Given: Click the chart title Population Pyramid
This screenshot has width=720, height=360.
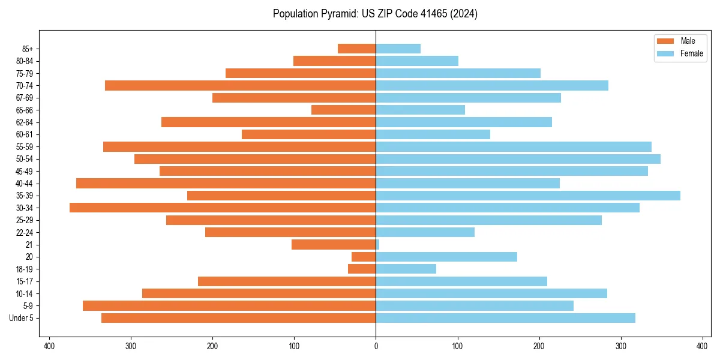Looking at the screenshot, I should (x=375, y=14).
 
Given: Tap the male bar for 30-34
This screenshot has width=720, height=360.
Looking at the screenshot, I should (x=223, y=208).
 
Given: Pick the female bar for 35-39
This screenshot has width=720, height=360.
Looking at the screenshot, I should (x=528, y=196).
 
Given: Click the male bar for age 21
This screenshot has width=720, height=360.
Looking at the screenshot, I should (x=334, y=245).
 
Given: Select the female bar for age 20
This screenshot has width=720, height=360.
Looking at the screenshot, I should (x=446, y=257).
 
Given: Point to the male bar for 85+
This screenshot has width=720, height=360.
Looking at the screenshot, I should (x=357, y=49).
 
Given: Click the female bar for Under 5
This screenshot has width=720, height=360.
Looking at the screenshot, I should (x=505, y=318).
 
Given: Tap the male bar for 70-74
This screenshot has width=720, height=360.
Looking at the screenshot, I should (x=241, y=85).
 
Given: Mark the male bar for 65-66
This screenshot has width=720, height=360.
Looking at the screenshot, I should (x=344, y=110).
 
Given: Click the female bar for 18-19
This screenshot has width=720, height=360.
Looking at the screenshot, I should (x=406, y=269).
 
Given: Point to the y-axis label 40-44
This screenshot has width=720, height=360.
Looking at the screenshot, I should (x=24, y=184).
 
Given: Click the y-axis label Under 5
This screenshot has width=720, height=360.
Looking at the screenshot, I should (x=22, y=318).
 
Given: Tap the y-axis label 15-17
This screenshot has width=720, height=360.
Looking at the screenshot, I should (x=24, y=281).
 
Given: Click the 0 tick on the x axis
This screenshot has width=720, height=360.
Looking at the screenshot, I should (x=376, y=346).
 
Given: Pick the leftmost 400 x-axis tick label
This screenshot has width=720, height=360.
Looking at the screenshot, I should (x=49, y=346).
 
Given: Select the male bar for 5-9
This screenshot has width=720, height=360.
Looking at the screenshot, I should (x=229, y=306).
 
